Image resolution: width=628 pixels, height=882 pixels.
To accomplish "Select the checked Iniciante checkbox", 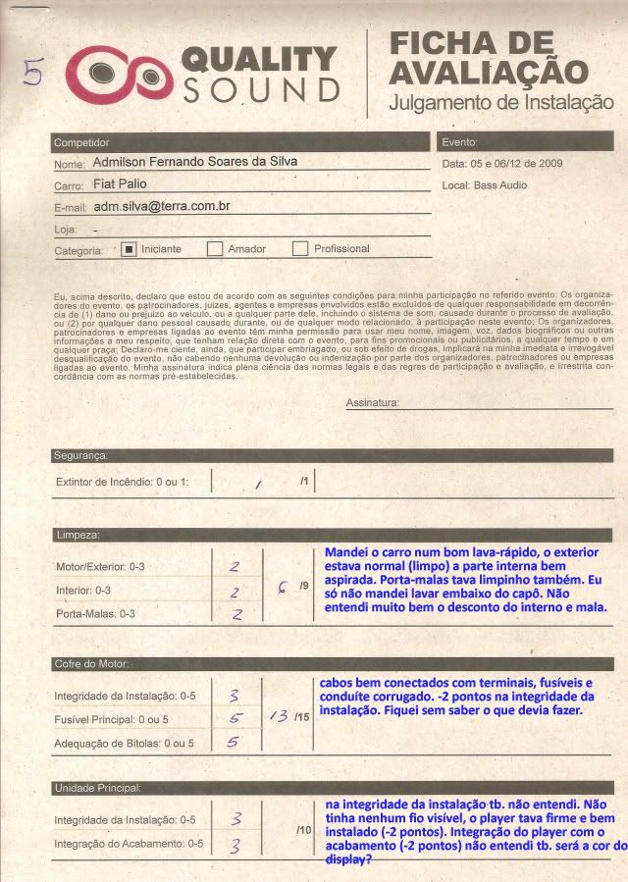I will (x=128, y=249).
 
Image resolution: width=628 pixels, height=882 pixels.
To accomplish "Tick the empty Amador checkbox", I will (x=214, y=249).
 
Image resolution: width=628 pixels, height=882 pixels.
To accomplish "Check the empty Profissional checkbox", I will (x=299, y=249).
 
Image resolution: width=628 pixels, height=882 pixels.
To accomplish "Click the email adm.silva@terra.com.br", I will (x=162, y=207).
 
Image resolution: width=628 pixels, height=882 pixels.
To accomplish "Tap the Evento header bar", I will (x=526, y=142).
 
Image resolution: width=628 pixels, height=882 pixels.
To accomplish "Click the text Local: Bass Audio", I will (x=485, y=184).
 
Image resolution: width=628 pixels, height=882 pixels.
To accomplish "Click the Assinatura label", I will (x=373, y=403).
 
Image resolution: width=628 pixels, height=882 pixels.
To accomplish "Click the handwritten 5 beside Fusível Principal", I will (x=235, y=718).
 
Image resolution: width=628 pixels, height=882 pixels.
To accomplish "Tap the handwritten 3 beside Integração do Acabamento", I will (x=235, y=846).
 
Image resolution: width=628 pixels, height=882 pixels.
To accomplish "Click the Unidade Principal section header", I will (x=98, y=788).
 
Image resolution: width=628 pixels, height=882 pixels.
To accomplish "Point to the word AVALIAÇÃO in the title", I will (x=489, y=72).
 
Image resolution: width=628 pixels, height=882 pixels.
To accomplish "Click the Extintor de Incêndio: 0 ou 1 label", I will (x=123, y=482).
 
